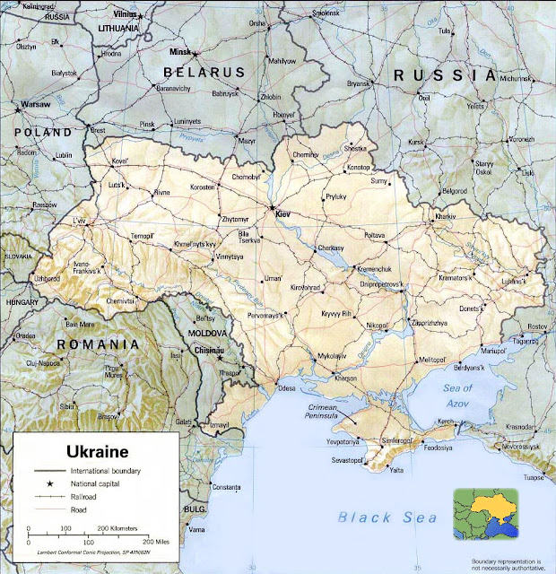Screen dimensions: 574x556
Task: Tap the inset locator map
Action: coord(486,514)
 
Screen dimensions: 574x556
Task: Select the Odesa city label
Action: coord(286,389)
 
